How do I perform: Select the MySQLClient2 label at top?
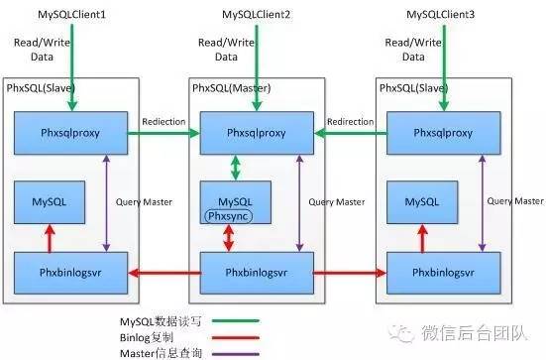coord(253,15)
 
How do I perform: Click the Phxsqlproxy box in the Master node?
coord(258,132)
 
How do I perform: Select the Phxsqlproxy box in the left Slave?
coord(69,132)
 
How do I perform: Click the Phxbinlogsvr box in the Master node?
coord(258,271)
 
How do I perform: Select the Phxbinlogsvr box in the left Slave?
coord(69,271)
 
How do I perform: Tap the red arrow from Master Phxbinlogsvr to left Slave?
coord(164,272)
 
